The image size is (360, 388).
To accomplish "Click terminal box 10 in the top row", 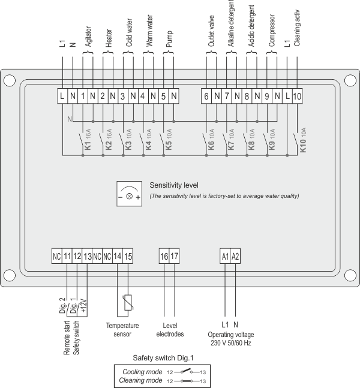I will [x=297, y=96].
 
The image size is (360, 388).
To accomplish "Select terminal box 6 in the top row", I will [x=206, y=96].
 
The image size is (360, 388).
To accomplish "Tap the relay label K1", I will [x=88, y=146].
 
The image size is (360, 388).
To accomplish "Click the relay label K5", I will [x=169, y=146].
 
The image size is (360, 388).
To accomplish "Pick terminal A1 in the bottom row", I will [x=225, y=256].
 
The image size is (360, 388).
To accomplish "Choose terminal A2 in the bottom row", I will [x=236, y=256].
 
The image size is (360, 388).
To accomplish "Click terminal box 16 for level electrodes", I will [x=164, y=256].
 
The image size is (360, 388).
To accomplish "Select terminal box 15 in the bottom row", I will [x=128, y=256].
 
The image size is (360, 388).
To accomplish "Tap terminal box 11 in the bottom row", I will [x=67, y=256].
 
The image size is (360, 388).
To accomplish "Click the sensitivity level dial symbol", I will [x=130, y=193].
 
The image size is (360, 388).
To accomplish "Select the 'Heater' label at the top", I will [x=109, y=37].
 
